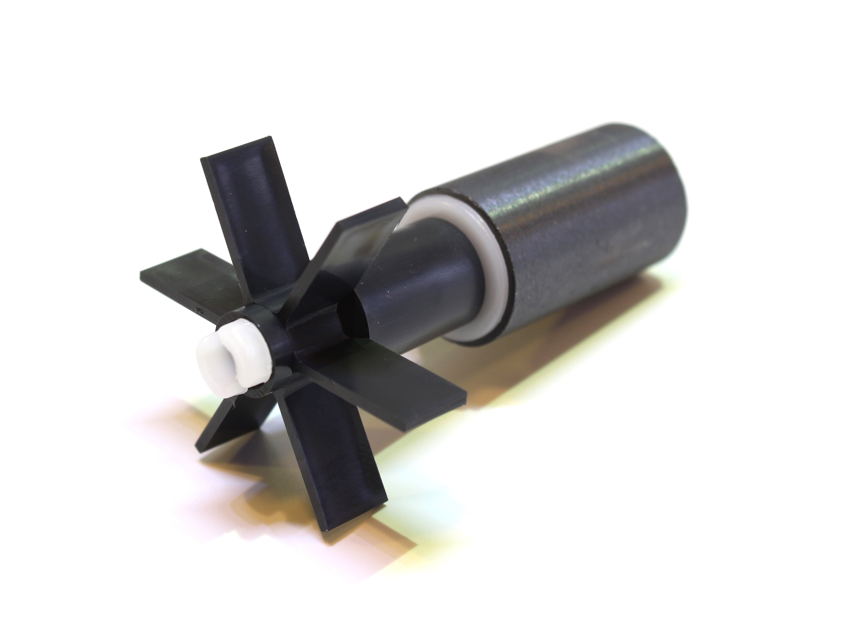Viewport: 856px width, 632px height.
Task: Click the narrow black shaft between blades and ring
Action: pyautogui.click(x=424, y=298)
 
